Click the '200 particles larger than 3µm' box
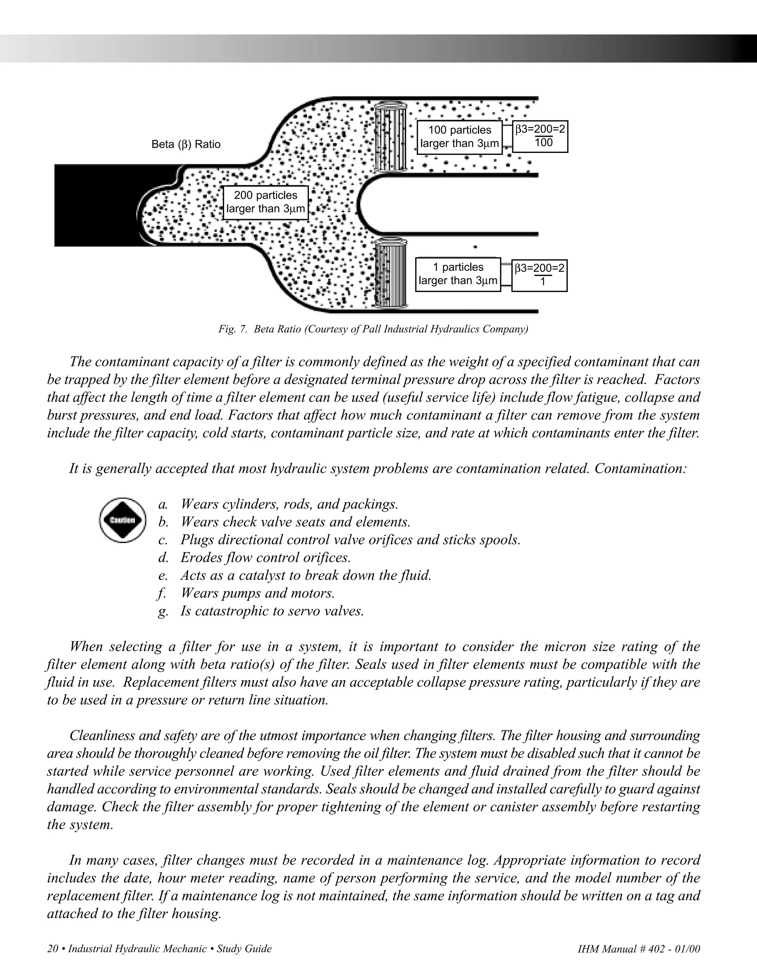click(265, 202)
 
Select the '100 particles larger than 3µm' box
click(459, 137)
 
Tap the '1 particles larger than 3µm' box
click(458, 274)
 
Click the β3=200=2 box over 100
click(540, 137)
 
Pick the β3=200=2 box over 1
click(539, 275)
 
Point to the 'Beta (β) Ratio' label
click(186, 144)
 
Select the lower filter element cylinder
click(390, 274)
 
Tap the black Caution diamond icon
click(122, 520)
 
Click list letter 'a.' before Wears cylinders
click(163, 504)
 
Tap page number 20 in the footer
click(52, 949)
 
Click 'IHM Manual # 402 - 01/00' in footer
click(639, 949)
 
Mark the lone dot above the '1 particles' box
click(475, 246)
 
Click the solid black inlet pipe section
click(99, 205)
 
